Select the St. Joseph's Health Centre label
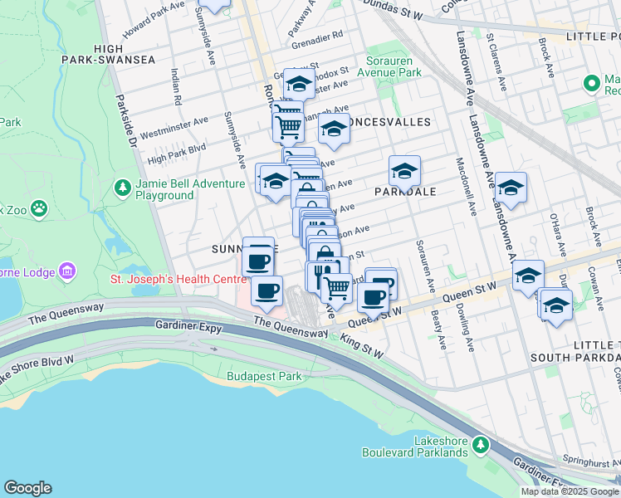pos(178,278)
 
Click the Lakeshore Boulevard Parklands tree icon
pos(481,447)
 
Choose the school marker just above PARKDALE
pos(404,171)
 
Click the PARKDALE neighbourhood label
pos(404,192)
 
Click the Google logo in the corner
pos(27,488)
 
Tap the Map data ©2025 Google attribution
pos(570,491)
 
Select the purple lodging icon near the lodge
pos(68,271)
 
